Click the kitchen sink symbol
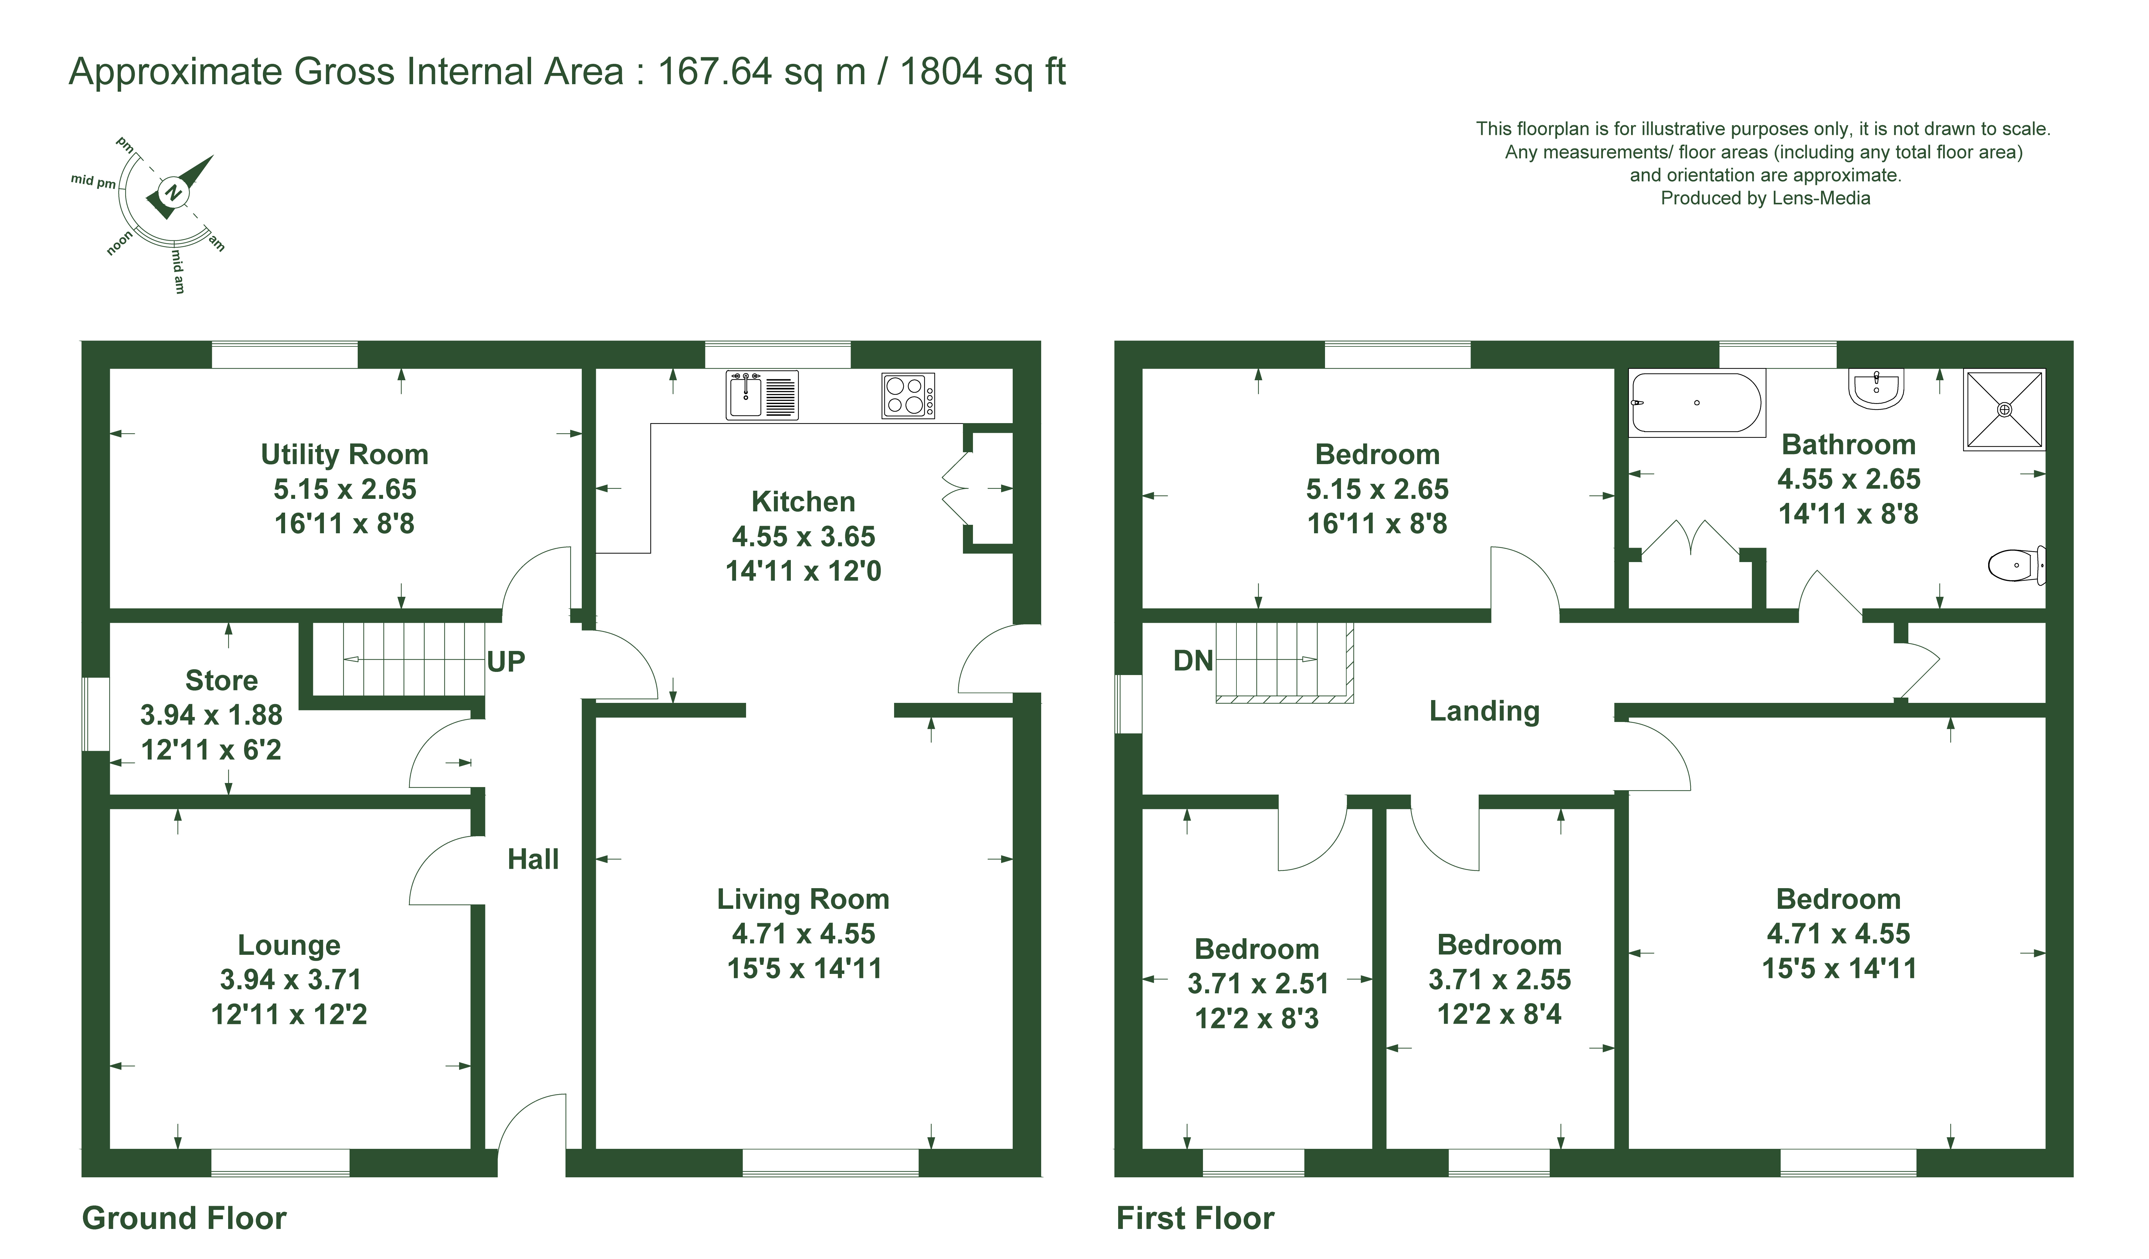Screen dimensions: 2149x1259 (761, 395)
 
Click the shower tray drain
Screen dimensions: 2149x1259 (2005, 409)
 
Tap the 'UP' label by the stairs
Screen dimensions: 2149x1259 (506, 661)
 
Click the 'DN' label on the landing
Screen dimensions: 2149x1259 (1193, 660)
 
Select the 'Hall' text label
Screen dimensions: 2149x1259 (533, 859)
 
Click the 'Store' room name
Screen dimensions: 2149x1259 (222, 681)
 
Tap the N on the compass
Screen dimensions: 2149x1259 (173, 193)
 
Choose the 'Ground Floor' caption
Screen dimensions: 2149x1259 (184, 1218)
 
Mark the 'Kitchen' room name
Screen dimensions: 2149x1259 (803, 502)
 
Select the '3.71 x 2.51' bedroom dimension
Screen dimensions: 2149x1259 (1258, 984)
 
